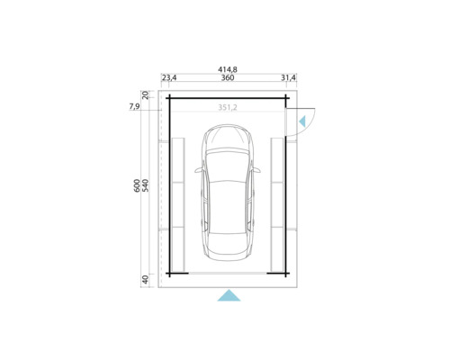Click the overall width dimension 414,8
point(228,67)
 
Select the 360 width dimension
point(228,78)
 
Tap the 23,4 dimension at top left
point(169,78)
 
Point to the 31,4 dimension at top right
point(288,78)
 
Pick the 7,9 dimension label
point(135,107)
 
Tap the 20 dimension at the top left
point(146,94)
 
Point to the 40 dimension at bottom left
point(146,279)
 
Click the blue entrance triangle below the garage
point(229,295)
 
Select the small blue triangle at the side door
point(302,119)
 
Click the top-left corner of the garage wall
point(167,97)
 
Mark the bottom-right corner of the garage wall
point(288,273)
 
